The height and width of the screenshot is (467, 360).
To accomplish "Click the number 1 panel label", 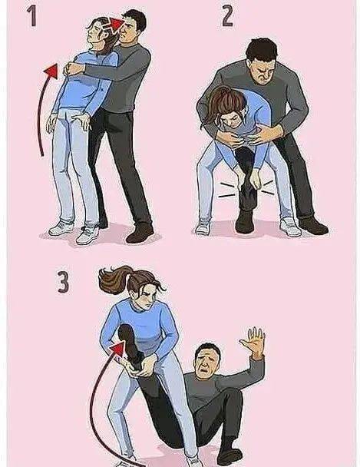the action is (32, 16).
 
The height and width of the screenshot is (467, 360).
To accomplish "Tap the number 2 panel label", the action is (228, 17).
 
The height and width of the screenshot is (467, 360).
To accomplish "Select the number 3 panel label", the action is (63, 282).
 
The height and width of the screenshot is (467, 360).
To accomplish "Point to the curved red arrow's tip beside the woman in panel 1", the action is (51, 71).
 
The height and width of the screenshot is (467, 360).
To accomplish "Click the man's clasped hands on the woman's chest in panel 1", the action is (71, 69).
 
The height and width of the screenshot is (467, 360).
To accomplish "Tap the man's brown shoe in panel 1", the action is (140, 233).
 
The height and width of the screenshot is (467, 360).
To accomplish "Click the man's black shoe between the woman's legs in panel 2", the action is (245, 222).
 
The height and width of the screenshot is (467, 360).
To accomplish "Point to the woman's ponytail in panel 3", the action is (114, 280).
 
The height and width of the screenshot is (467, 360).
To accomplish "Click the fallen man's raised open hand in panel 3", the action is (253, 342).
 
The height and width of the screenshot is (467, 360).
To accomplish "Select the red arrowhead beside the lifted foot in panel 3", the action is (118, 349).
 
